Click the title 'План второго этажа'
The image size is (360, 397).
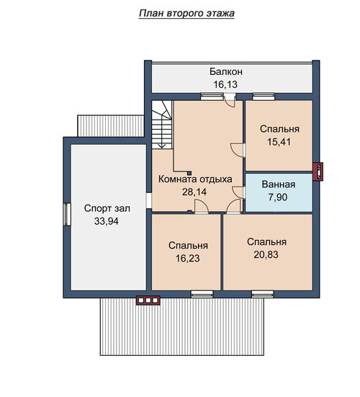pos(186,13)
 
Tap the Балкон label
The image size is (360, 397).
pos(226,71)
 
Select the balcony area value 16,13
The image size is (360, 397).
pos(225,84)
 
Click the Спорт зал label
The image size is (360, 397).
pos(107,209)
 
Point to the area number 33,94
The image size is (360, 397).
pos(107,221)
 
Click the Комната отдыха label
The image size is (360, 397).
pos(195,179)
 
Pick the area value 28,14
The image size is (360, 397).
pos(194,192)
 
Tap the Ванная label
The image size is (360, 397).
pos(279,184)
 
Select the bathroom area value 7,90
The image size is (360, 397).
pos(278,197)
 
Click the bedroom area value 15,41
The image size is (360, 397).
pos(279,142)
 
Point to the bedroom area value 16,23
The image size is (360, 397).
pos(188,258)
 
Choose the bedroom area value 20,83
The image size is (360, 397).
pos(266,254)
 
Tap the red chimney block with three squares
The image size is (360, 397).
pos(148,300)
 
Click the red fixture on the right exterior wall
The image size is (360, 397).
pos(318,171)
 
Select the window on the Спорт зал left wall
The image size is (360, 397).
pos(67,214)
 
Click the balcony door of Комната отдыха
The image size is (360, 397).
pos(230,100)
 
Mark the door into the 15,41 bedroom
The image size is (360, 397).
pos(238,150)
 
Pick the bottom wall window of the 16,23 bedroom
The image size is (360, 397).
pos(202,293)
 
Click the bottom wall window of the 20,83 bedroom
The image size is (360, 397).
pos(263,293)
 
